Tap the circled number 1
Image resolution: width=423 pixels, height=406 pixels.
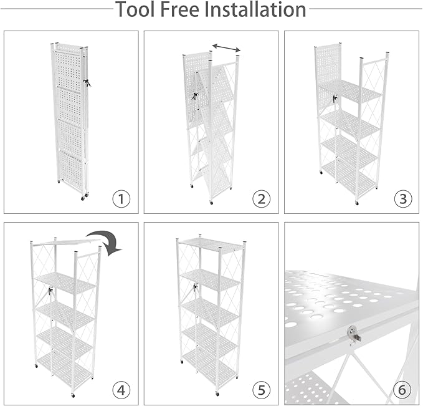click(121, 199)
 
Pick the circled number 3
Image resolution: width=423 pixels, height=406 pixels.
click(403, 199)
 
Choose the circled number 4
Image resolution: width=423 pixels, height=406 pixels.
click(121, 390)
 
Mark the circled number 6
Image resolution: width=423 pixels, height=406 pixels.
click(403, 390)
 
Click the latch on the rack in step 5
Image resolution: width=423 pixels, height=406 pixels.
click(196, 288)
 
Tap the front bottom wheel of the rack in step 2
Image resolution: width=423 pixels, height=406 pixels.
click(211, 202)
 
